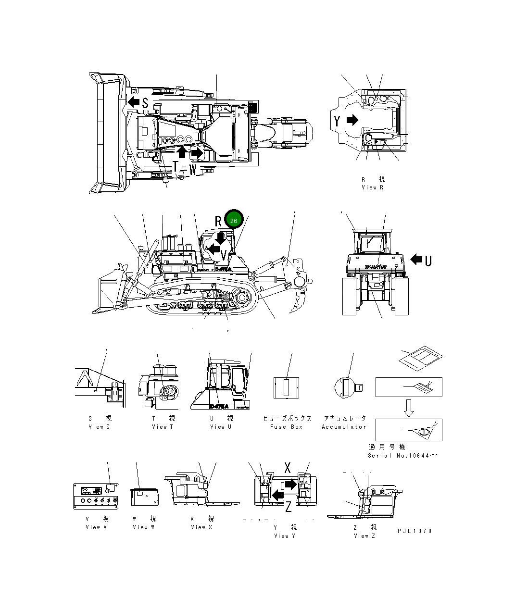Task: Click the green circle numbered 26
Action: [234, 221]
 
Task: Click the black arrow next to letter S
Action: [133, 102]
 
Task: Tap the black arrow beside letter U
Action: [416, 260]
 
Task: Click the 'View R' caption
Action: [373, 187]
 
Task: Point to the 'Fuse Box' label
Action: [286, 427]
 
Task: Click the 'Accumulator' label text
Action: [344, 427]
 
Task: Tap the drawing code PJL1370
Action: [415, 531]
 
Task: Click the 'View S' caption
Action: [99, 427]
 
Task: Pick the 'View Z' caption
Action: [364, 536]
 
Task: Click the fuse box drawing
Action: [287, 387]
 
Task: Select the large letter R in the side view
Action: [218, 221]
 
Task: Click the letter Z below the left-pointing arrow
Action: [288, 507]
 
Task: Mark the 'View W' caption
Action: [144, 527]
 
